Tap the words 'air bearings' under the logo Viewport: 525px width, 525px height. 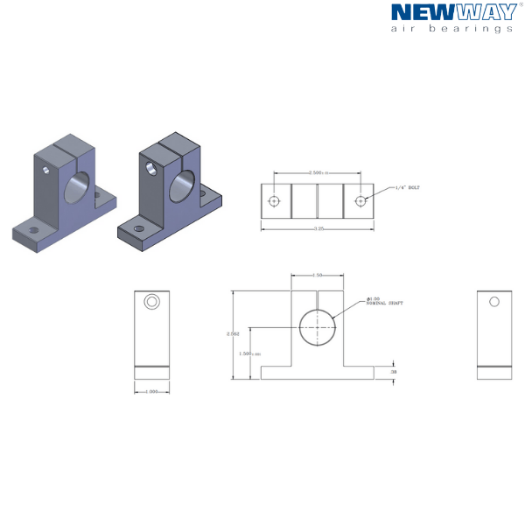click(x=450, y=28)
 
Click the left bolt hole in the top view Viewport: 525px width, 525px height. click(x=274, y=200)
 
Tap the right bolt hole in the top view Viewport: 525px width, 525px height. click(x=360, y=200)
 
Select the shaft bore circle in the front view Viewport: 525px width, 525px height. click(x=318, y=326)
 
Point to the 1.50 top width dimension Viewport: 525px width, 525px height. click(x=318, y=275)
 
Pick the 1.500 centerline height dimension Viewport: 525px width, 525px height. click(x=249, y=353)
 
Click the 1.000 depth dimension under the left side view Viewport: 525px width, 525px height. click(x=151, y=391)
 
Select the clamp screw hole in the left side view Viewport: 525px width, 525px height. click(x=152, y=302)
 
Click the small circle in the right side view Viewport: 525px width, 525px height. click(x=494, y=302)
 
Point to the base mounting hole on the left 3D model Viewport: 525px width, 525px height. click(x=33, y=230)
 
